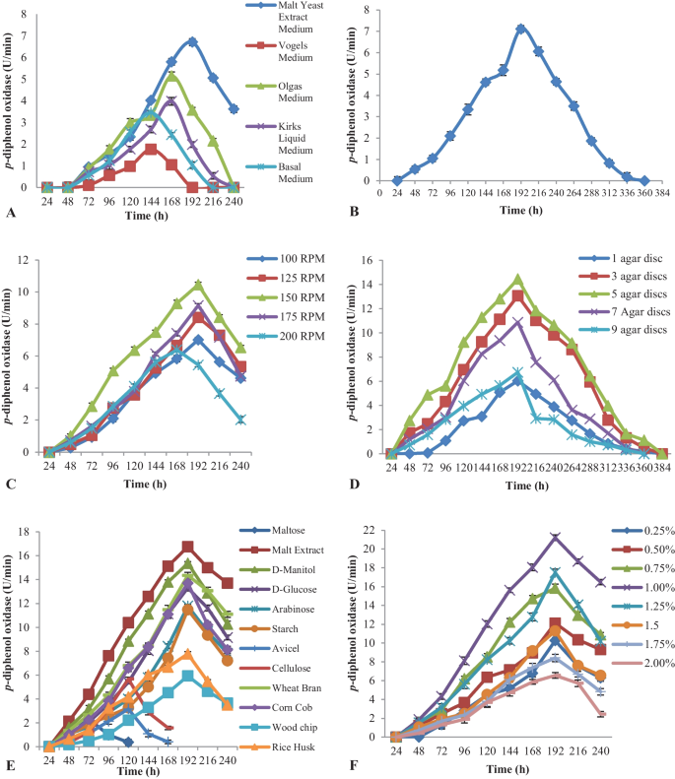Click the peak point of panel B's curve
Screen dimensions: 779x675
click(520, 29)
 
